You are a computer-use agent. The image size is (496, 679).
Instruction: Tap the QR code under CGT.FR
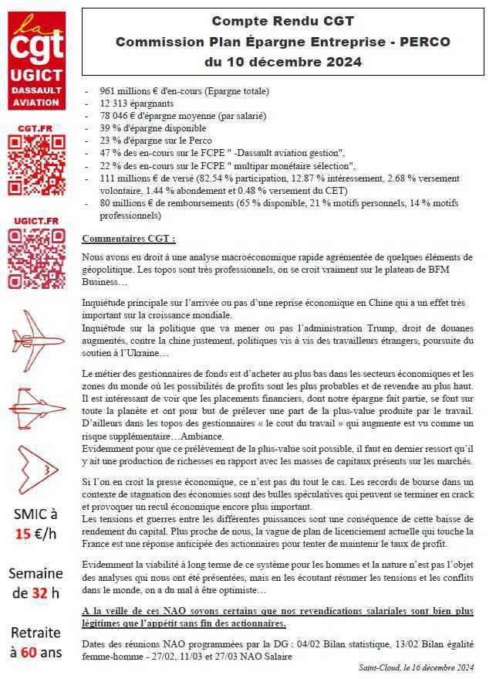pyautogui.click(x=36, y=165)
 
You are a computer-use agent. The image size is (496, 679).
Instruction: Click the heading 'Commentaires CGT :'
pyautogui.click(x=129, y=239)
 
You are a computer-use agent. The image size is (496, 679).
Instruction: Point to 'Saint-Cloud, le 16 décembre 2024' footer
pyautogui.click(x=417, y=667)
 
